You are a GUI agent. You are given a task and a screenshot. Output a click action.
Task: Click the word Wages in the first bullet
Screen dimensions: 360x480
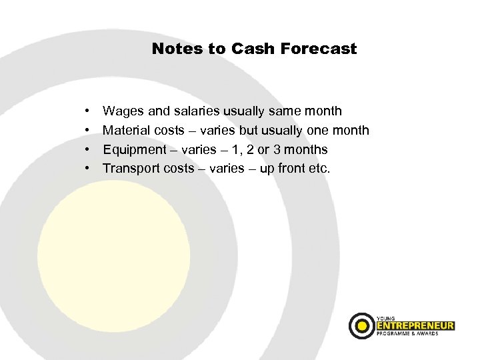click(121, 111)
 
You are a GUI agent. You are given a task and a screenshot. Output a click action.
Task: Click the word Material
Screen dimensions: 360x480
click(125, 131)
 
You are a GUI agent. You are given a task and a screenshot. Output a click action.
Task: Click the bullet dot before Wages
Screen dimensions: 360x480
click(88, 111)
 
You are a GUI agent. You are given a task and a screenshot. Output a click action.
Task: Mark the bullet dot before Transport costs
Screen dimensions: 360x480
click(88, 169)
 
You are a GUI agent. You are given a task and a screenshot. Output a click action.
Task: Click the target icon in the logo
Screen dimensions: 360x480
click(363, 325)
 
